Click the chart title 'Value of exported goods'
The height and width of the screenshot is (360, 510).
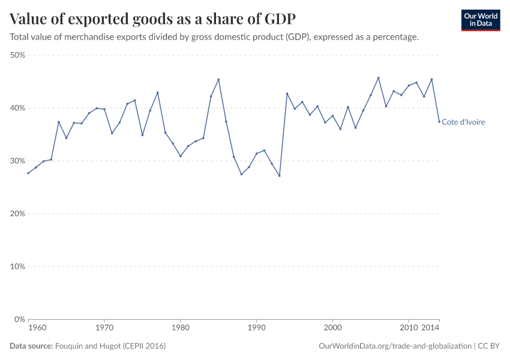[152, 19]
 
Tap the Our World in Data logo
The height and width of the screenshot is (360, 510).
[480, 20]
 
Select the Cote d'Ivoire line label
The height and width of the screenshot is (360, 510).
[463, 122]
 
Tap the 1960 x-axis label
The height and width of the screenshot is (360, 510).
[37, 329]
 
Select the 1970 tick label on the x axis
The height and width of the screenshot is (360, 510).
[104, 329]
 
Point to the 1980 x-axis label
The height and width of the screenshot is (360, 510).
[180, 329]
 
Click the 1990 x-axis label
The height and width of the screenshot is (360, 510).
[256, 329]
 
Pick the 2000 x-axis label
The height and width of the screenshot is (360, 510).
[332, 329]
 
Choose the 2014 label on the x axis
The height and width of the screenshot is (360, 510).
[430, 329]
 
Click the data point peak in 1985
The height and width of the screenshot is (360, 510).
[218, 79]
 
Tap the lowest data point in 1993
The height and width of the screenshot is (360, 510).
[279, 176]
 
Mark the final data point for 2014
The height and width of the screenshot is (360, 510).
[439, 122]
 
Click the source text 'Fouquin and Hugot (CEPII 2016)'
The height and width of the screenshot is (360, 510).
[110, 346]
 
